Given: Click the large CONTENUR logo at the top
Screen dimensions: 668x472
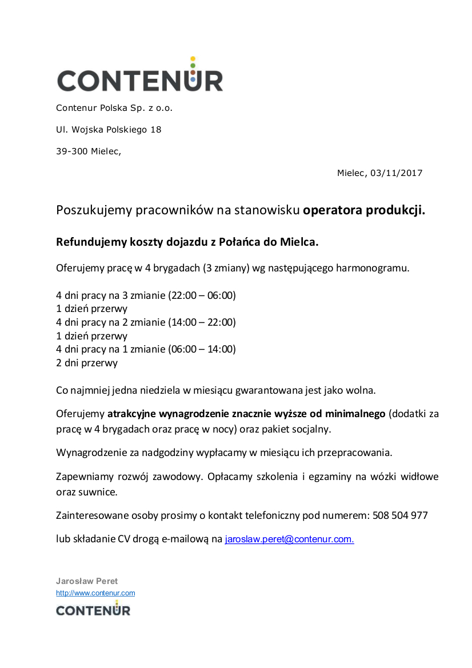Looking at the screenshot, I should [x=140, y=79].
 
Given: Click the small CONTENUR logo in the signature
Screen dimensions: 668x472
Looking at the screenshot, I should [x=93, y=609].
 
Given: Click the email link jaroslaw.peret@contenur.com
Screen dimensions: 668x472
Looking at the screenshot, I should [x=289, y=539].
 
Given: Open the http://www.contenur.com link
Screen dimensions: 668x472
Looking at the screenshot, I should [x=95, y=593].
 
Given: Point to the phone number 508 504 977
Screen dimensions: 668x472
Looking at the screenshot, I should [x=400, y=515].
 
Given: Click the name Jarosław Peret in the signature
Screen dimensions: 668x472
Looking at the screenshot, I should [x=87, y=581].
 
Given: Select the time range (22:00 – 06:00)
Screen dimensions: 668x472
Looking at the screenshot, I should [x=202, y=295].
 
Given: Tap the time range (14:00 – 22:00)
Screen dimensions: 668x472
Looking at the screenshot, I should [x=202, y=322].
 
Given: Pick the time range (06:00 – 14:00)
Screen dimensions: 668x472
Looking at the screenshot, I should [x=202, y=349].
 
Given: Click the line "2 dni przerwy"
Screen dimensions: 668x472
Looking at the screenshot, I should [x=87, y=363].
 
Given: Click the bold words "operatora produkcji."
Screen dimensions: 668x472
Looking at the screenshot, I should [x=364, y=210].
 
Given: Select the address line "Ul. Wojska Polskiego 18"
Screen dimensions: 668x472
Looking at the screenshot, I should [x=109, y=130].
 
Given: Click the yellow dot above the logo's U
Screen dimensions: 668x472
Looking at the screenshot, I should [x=193, y=58].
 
